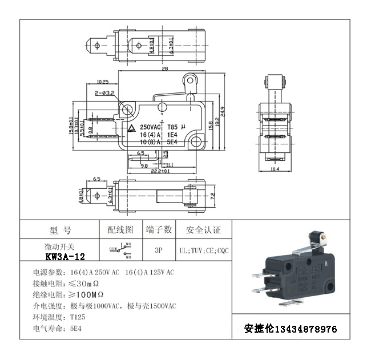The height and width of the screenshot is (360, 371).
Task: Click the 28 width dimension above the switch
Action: coord(164,68)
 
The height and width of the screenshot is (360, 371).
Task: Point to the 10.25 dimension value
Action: coord(103,82)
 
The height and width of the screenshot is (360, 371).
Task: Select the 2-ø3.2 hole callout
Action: coord(105,92)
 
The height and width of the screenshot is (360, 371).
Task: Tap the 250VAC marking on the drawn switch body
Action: coord(152,127)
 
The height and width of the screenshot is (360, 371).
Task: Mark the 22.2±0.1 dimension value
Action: coord(160,171)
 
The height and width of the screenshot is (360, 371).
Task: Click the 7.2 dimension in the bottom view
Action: coord(212,196)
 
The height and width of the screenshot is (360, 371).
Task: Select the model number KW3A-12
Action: coord(65,257)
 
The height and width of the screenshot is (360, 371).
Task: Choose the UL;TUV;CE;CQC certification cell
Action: coord(204,250)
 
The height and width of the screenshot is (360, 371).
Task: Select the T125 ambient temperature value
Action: coord(78,317)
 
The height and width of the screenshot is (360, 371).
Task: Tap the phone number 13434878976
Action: coord(306,330)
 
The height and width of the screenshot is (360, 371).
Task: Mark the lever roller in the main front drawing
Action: coord(190,82)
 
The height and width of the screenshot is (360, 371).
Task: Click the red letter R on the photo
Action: coord(325,264)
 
